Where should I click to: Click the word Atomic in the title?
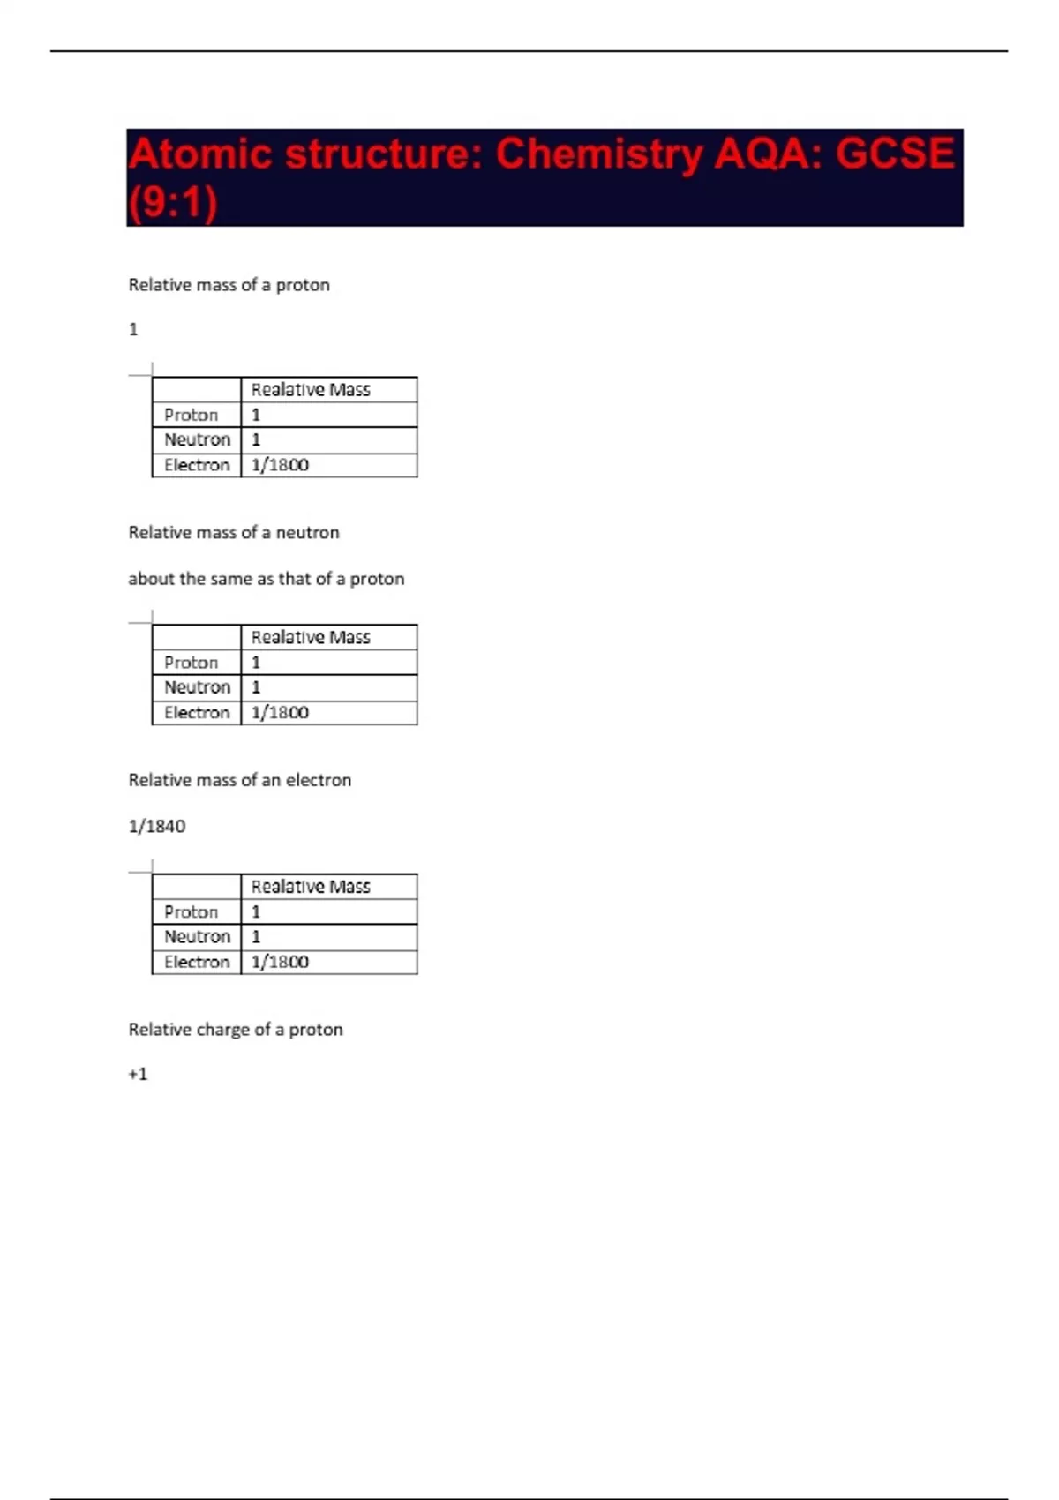[x=199, y=154]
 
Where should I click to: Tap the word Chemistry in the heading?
[x=598, y=154]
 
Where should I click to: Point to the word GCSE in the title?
[x=894, y=154]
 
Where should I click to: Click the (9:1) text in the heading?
[x=173, y=203]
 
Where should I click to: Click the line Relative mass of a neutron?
[x=234, y=532]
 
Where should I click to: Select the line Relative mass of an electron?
[x=239, y=780]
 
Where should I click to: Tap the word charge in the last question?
[x=225, y=1030]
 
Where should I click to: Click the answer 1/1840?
[x=157, y=827]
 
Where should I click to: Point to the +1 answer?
[x=138, y=1074]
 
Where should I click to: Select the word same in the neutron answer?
[x=231, y=579]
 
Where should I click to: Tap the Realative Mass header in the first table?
[x=311, y=390]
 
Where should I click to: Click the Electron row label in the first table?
[x=197, y=465]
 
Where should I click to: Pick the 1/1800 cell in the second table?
[x=280, y=713]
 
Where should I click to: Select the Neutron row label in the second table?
[x=197, y=687]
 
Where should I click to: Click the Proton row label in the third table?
[x=191, y=911]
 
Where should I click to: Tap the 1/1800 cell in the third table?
[x=280, y=962]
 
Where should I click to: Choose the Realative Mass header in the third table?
[x=311, y=887]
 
